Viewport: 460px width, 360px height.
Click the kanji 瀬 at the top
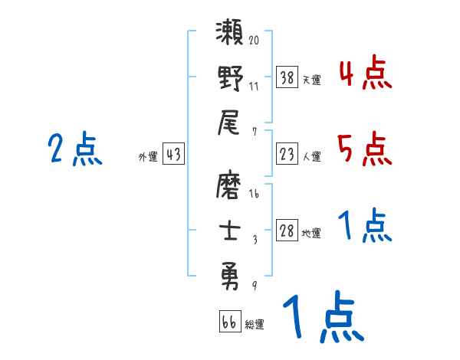pos(230,36)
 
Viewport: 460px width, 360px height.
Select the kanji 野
pos(230,79)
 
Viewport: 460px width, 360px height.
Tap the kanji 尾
pos(230,122)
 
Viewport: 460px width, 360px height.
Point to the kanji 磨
pos(230,186)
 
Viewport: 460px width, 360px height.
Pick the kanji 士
pos(230,229)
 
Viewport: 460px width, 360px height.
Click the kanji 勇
pos(230,273)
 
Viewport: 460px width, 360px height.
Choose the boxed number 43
pos(173,155)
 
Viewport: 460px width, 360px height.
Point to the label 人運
pos(311,157)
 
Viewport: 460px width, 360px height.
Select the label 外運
pos(148,157)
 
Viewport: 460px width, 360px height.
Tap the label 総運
pos(254,325)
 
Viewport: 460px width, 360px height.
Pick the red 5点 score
pos(365,149)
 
